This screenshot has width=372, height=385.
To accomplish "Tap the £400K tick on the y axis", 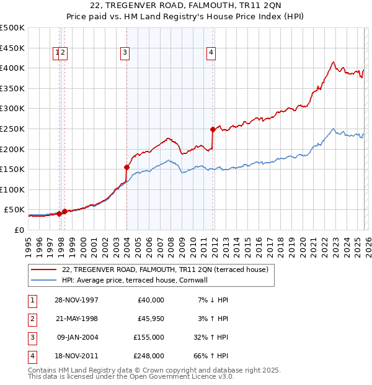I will tap(12, 68).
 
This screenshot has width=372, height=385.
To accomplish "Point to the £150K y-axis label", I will tap(12, 169).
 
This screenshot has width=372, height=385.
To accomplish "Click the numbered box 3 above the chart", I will tap(125, 53).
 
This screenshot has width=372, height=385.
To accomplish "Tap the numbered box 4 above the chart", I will tap(211, 53).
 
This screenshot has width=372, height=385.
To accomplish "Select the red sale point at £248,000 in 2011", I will tap(213, 129).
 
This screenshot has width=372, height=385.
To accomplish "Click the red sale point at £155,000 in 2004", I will tap(126, 167).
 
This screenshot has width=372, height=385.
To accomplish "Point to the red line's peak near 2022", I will tap(333, 62).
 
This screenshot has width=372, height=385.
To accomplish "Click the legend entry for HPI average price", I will tap(137, 280).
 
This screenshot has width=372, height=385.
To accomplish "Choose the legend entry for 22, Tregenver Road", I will tap(164, 269).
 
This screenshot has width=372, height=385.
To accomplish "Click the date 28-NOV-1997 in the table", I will tap(76, 300).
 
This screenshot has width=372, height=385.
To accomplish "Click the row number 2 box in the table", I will tap(32, 319).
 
